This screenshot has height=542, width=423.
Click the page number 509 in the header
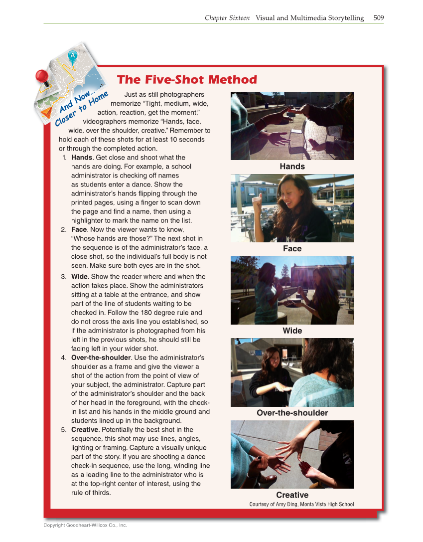click(x=378, y=18)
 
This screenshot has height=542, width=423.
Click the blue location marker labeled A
click(x=73, y=56)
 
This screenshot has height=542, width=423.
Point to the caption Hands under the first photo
click(x=292, y=167)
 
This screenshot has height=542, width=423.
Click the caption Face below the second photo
click(x=292, y=248)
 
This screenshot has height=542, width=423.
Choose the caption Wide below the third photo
click(x=292, y=331)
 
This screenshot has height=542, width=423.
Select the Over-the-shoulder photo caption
click(x=292, y=413)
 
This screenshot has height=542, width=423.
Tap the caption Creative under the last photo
click(x=292, y=495)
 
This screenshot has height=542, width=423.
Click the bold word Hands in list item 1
click(x=82, y=158)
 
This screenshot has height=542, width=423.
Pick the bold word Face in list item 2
click(x=80, y=229)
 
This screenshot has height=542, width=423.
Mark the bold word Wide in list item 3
click(x=79, y=277)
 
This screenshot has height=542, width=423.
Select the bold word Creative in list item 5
click(x=84, y=430)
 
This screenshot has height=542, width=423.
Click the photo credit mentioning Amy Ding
click(x=301, y=504)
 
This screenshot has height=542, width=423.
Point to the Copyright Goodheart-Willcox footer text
click(x=85, y=525)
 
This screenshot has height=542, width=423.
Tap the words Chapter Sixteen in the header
click(x=227, y=18)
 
